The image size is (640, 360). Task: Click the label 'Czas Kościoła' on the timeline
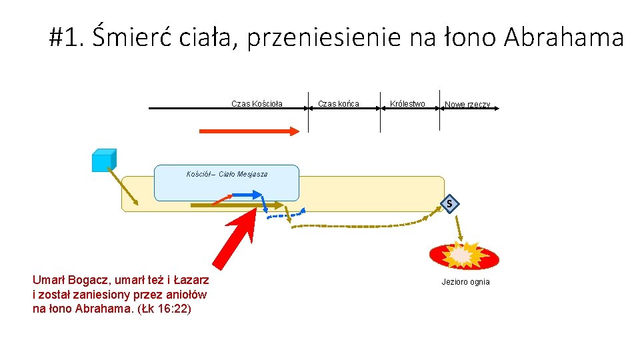(257, 103)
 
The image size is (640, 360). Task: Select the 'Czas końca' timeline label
(339, 103)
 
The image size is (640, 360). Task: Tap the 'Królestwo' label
(407, 103)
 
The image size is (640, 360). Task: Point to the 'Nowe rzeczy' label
(467, 105)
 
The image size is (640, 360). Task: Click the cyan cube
(103, 160)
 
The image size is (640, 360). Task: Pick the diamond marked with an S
(450, 203)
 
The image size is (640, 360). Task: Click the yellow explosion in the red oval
(463, 254)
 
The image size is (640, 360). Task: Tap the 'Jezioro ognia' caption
(465, 282)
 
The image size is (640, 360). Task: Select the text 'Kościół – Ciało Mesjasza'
(227, 174)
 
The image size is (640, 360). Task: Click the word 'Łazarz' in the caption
(189, 280)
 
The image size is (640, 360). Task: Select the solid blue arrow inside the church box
(247, 194)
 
